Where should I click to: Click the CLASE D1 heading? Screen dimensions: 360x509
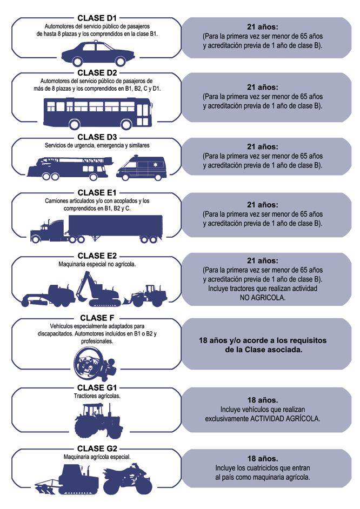[97, 18]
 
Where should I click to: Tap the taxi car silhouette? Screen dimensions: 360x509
[98, 52]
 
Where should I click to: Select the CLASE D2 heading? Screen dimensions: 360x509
[97, 73]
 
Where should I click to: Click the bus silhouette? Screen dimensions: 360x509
[98, 113]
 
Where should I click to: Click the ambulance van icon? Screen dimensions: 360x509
[141, 168]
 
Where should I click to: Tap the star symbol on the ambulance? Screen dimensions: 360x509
[155, 165]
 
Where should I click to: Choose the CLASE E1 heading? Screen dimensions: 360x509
[97, 193]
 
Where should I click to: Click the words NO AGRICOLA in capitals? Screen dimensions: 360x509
[263, 298]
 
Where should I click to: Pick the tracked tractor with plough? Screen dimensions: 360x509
[67, 479]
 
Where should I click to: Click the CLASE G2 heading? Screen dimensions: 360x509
[97, 448]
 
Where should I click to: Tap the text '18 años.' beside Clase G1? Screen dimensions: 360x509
[263, 400]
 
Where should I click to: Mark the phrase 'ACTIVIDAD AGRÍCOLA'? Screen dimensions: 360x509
[285, 419]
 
